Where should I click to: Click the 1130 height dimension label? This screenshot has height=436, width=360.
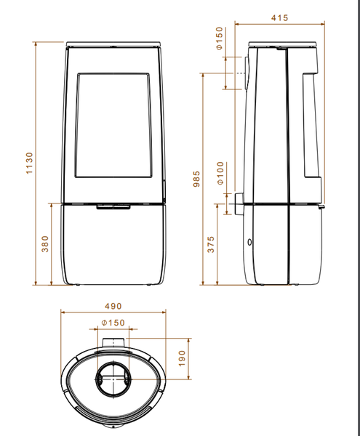30,163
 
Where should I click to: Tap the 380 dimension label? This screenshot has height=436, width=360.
45,244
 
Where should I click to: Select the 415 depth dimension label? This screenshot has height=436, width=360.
279,17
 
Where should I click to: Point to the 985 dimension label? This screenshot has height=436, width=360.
196,179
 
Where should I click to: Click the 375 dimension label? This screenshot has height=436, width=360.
211,244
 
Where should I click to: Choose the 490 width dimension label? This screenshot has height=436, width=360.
113,306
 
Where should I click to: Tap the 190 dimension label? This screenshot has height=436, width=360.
181,358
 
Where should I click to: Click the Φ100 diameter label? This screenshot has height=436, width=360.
220,173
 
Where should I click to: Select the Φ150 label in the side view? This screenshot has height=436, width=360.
219,38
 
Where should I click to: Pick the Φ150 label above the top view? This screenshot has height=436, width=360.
113,323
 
